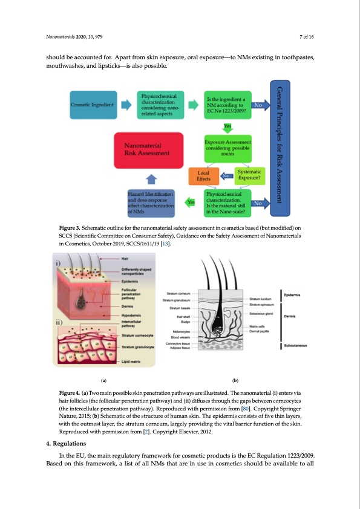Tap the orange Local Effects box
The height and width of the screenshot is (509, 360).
[203, 176]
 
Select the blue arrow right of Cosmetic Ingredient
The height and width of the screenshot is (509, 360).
[126, 105]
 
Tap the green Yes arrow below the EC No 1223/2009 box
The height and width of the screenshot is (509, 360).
[227, 126]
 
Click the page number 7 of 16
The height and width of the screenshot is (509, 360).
[307, 37]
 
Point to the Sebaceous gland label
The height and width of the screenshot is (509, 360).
[261, 314]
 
